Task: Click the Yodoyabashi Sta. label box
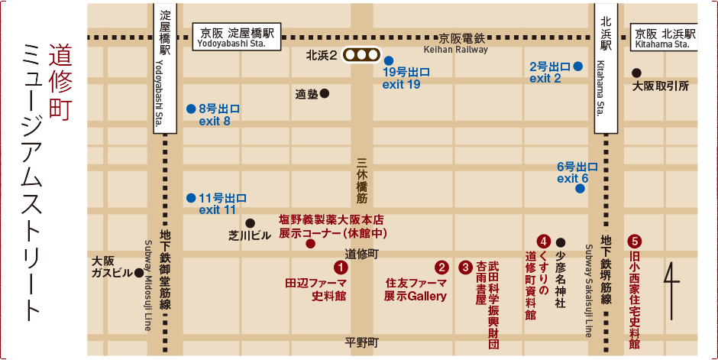point(238,38)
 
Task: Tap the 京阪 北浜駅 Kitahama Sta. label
point(665,38)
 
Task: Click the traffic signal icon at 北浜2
point(361,55)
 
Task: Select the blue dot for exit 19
point(389,60)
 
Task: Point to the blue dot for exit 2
point(579,66)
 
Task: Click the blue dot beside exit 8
point(191,109)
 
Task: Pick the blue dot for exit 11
point(191,197)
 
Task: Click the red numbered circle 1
point(341,267)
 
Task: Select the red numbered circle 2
point(441,267)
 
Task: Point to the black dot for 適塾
point(325,94)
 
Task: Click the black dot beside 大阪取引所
point(636,73)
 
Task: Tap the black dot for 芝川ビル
point(250,222)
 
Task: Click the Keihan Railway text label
point(455,50)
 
